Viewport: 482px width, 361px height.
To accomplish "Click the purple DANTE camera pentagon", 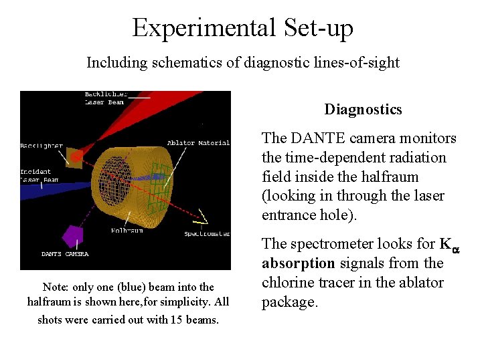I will pyautogui.click(x=72, y=236).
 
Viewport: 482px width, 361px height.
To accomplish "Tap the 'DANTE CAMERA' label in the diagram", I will pyautogui.click(x=64, y=254).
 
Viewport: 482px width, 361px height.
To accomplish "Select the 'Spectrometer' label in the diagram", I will pyautogui.click(x=207, y=234).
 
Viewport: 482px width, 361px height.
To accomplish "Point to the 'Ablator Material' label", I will pyautogui.click(x=198, y=142).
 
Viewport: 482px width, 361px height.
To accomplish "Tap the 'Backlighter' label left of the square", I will pyautogui.click(x=42, y=145).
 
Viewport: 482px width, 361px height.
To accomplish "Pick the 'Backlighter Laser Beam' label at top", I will pyautogui.click(x=106, y=98).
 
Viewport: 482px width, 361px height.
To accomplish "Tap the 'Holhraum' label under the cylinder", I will pyautogui.click(x=127, y=231).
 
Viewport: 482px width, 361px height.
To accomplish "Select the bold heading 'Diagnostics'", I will pyautogui.click(x=363, y=110).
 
